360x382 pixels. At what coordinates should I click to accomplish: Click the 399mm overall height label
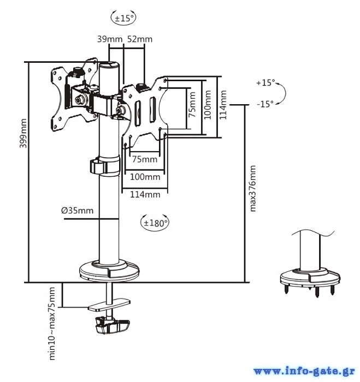pos(23,133)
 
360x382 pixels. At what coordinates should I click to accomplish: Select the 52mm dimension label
pos(140,39)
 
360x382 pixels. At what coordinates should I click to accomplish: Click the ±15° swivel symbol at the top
pos(123,17)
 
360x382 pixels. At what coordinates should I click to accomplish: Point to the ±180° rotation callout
pos(155,223)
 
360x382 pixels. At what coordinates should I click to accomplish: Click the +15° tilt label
pos(265,83)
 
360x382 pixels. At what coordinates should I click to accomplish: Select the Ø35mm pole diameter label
pos(78,211)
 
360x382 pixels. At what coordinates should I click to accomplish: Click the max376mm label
pos(253,188)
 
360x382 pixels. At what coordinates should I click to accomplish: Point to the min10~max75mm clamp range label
pos(52,323)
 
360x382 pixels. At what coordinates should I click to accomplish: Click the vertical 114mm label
pos(223,105)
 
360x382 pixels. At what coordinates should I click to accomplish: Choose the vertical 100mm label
pos(208,105)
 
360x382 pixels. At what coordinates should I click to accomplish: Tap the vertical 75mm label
pos(192,105)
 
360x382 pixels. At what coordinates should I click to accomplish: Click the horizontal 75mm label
pos(145,159)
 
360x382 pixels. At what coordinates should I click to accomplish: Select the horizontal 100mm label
pos(145,177)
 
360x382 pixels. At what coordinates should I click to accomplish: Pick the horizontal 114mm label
pos(145,195)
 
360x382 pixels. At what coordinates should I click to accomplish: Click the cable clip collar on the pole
pos(105,166)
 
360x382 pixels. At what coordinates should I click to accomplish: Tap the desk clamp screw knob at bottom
pos(113,325)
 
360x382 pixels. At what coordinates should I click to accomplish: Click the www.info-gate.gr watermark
pos(304,371)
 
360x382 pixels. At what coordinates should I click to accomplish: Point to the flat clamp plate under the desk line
pos(109,305)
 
